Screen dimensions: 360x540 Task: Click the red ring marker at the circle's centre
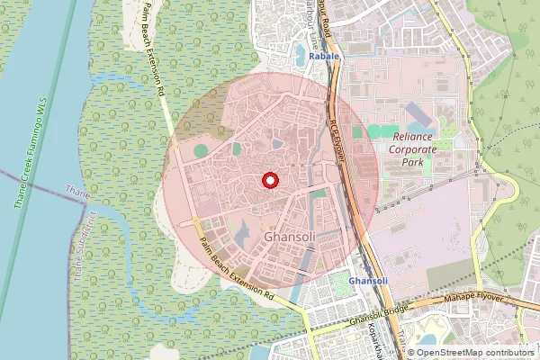pos(269,180)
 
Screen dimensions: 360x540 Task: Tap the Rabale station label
pos(324,57)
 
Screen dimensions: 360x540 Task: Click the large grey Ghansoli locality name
pos(293,237)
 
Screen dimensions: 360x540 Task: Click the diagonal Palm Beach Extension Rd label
pos(237,269)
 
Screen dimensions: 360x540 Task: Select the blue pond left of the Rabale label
pos(299,56)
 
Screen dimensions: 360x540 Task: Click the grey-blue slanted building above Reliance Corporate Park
pos(419,115)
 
